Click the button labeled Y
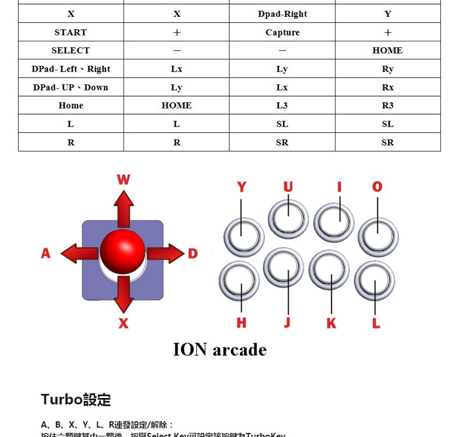tap(243, 237)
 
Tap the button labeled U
tap(288, 219)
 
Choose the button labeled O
tap(378, 237)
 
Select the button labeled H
tap(239, 280)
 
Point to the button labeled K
tap(329, 270)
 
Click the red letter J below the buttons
tap(287, 323)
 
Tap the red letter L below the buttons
tap(376, 323)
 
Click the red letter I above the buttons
tap(339, 186)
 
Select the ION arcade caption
tap(220, 350)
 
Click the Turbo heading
tap(76, 400)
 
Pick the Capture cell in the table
tap(283, 32)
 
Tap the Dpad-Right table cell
tap(283, 14)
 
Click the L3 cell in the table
tap(283, 105)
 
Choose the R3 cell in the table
tap(387, 105)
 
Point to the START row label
tap(70, 32)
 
